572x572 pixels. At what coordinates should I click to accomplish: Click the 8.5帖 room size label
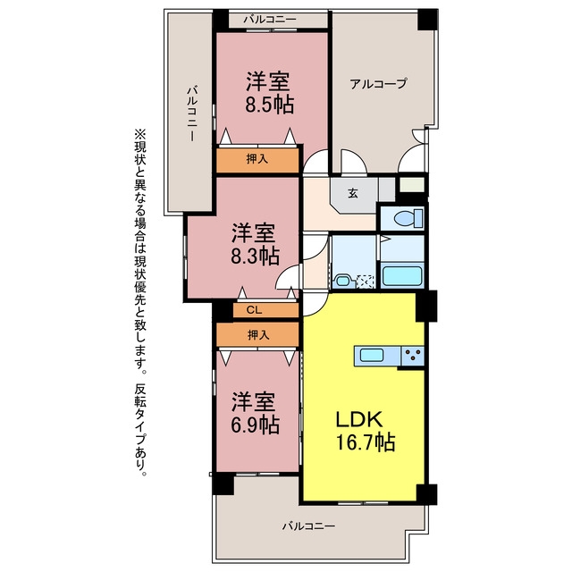click(269, 105)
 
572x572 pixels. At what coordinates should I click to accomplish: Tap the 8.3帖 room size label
click(255, 257)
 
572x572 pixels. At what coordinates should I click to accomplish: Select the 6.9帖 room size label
click(255, 425)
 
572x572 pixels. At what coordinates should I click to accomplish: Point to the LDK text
click(359, 419)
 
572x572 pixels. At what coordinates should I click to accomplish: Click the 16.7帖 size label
click(366, 442)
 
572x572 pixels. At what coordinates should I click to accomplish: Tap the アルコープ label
click(378, 83)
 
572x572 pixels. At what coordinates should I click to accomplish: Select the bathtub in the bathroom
click(402, 276)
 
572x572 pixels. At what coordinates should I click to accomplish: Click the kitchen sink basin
click(372, 355)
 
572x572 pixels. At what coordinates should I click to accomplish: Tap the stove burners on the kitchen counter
click(414, 355)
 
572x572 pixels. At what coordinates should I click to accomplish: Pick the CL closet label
click(254, 310)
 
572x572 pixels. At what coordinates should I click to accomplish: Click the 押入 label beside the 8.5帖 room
click(257, 159)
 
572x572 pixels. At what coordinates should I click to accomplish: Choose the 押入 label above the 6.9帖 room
click(258, 334)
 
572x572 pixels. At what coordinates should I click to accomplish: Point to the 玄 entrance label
click(352, 193)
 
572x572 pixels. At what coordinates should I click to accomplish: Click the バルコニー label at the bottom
click(308, 526)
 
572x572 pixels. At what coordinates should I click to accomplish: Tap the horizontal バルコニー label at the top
click(270, 19)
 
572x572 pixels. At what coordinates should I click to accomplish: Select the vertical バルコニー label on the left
click(192, 114)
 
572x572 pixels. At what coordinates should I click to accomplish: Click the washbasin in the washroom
click(343, 281)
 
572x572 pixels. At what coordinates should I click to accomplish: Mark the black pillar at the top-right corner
click(427, 20)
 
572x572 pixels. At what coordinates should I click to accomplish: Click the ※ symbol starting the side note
click(140, 134)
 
